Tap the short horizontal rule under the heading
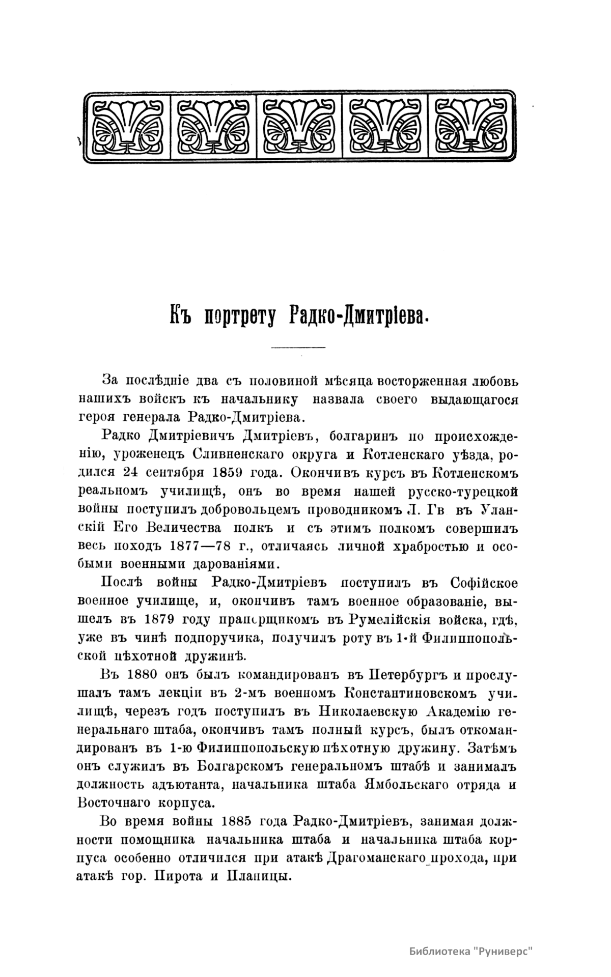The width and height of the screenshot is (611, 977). (x=298, y=348)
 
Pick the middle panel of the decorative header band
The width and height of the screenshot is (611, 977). (x=299, y=127)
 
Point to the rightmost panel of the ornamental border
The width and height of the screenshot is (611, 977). (x=471, y=127)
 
